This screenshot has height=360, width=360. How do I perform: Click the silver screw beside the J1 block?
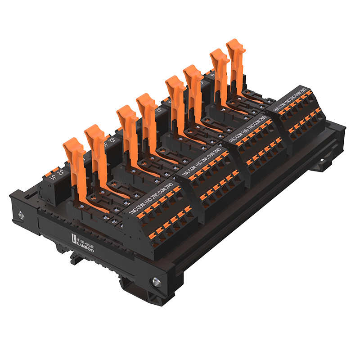[x=21, y=216]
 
